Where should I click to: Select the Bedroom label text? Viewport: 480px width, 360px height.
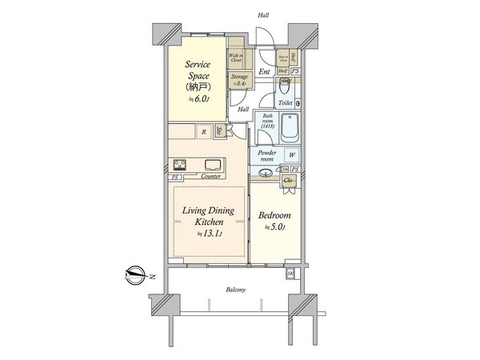pos(274,216)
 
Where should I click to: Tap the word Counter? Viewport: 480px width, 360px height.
pos(211,177)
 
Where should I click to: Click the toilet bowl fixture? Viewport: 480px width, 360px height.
pos(287,89)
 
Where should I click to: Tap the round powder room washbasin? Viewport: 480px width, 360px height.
pos(266,171)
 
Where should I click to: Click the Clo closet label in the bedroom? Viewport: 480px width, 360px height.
pos(289,181)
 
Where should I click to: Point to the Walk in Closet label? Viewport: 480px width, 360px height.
pos(237,57)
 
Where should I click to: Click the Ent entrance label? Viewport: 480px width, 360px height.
pos(264,72)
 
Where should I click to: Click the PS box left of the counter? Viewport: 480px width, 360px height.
pos(175,177)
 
